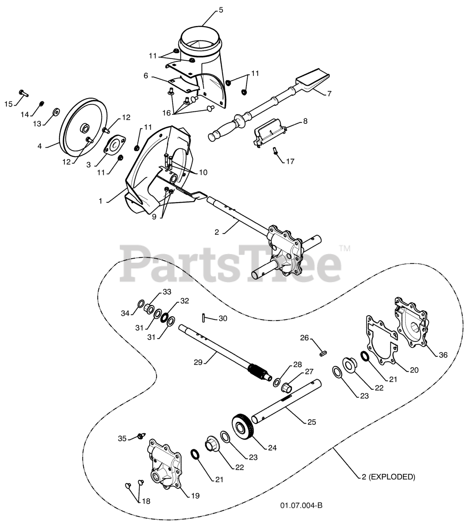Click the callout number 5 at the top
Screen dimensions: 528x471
point(221,10)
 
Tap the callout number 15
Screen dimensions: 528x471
point(9,104)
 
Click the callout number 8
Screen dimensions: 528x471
point(305,121)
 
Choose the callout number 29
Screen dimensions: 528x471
point(198,362)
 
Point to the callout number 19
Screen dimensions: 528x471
point(195,495)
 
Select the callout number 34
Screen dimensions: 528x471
point(125,313)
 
